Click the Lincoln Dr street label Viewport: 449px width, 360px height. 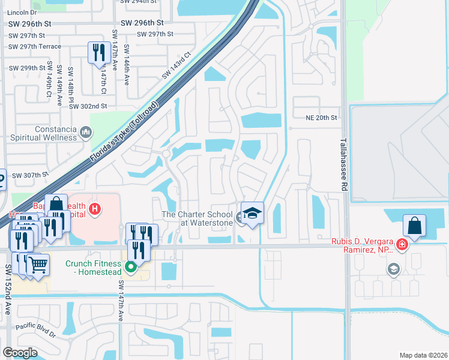22,12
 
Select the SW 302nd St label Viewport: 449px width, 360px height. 88,106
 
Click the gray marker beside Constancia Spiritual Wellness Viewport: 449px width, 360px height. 85,131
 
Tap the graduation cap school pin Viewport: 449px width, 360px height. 253,214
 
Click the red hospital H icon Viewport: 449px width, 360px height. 94,209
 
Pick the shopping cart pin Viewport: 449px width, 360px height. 37,264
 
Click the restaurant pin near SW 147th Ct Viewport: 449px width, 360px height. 98,52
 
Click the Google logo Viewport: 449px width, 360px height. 20,352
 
